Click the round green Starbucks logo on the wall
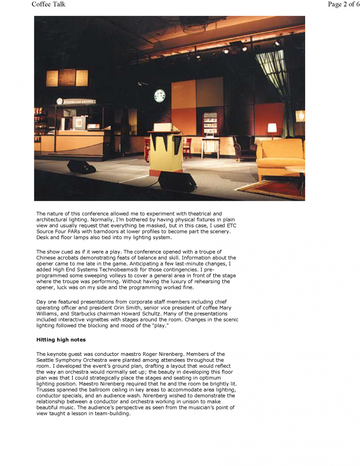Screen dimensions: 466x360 (160, 96)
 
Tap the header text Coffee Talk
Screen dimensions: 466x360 (48, 4)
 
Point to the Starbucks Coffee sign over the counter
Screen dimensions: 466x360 (76, 101)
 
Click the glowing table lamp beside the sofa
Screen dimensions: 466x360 (272, 128)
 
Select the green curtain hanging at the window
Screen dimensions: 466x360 (275, 75)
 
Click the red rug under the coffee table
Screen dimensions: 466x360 (277, 188)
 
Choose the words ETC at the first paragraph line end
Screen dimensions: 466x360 (231, 225)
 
